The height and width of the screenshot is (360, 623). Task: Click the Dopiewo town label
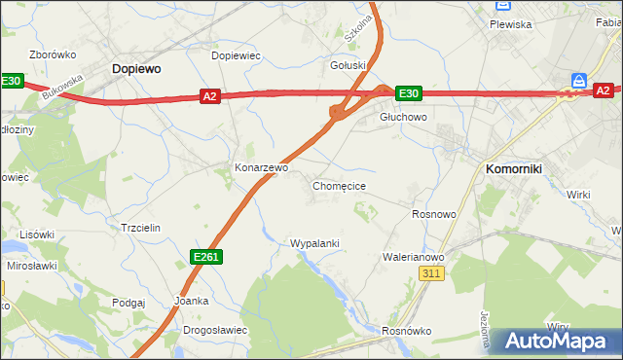click(136, 69)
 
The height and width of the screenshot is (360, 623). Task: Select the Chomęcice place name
click(339, 185)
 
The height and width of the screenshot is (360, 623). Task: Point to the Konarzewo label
click(261, 167)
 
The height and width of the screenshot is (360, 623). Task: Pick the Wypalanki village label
click(313, 242)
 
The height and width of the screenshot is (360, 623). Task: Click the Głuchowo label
click(403, 117)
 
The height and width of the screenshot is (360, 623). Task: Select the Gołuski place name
click(348, 65)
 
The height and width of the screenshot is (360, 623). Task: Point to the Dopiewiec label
click(236, 55)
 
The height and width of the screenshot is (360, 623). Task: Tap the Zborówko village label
click(53, 55)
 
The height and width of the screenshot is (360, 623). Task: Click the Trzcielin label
click(139, 227)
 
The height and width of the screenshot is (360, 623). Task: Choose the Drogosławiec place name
click(215, 330)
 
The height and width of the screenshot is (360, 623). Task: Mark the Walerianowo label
click(414, 257)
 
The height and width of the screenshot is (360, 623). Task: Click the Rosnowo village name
click(434, 214)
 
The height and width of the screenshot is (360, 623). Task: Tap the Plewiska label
click(511, 24)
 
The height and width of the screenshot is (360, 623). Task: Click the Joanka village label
click(191, 301)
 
